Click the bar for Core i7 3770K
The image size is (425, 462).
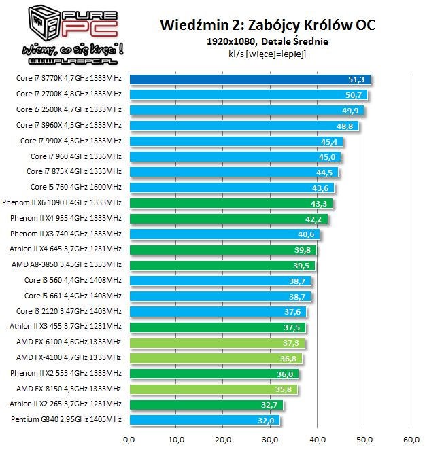click(x=248, y=79)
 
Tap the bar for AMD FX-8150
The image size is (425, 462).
click(x=212, y=389)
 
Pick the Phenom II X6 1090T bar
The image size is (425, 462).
click(x=230, y=203)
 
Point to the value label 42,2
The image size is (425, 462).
click(x=313, y=219)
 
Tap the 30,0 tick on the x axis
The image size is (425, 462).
click(x=270, y=439)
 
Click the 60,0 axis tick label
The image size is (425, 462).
click(x=411, y=439)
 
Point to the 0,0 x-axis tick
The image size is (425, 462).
click(x=129, y=439)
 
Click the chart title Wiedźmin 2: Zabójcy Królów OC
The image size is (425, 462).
click(x=267, y=26)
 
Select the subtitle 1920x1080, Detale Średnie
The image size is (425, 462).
click(x=267, y=41)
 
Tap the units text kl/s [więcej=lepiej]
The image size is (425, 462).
click(x=267, y=54)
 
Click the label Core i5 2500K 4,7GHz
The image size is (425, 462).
click(x=69, y=110)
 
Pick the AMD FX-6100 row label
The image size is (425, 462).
click(x=69, y=342)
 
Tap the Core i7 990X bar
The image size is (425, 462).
click(x=235, y=141)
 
